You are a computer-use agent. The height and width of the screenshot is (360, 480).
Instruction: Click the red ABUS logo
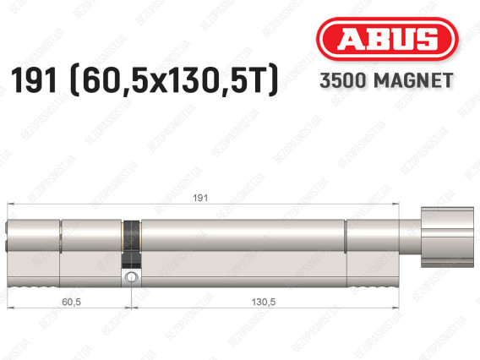[x=387, y=39]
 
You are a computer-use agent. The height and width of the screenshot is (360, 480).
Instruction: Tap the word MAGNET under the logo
[x=413, y=80]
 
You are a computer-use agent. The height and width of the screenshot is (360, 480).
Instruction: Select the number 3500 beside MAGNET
[x=343, y=80]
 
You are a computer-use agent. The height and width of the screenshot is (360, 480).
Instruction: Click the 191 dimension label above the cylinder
[x=200, y=198]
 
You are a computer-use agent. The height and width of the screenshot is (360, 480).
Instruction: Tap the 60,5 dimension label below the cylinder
[x=71, y=302]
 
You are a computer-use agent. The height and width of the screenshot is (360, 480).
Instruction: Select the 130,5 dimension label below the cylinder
[x=264, y=302]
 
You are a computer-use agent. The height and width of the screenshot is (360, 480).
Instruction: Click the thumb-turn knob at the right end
[x=447, y=237]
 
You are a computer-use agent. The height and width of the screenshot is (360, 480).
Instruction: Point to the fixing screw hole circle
[x=131, y=277]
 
